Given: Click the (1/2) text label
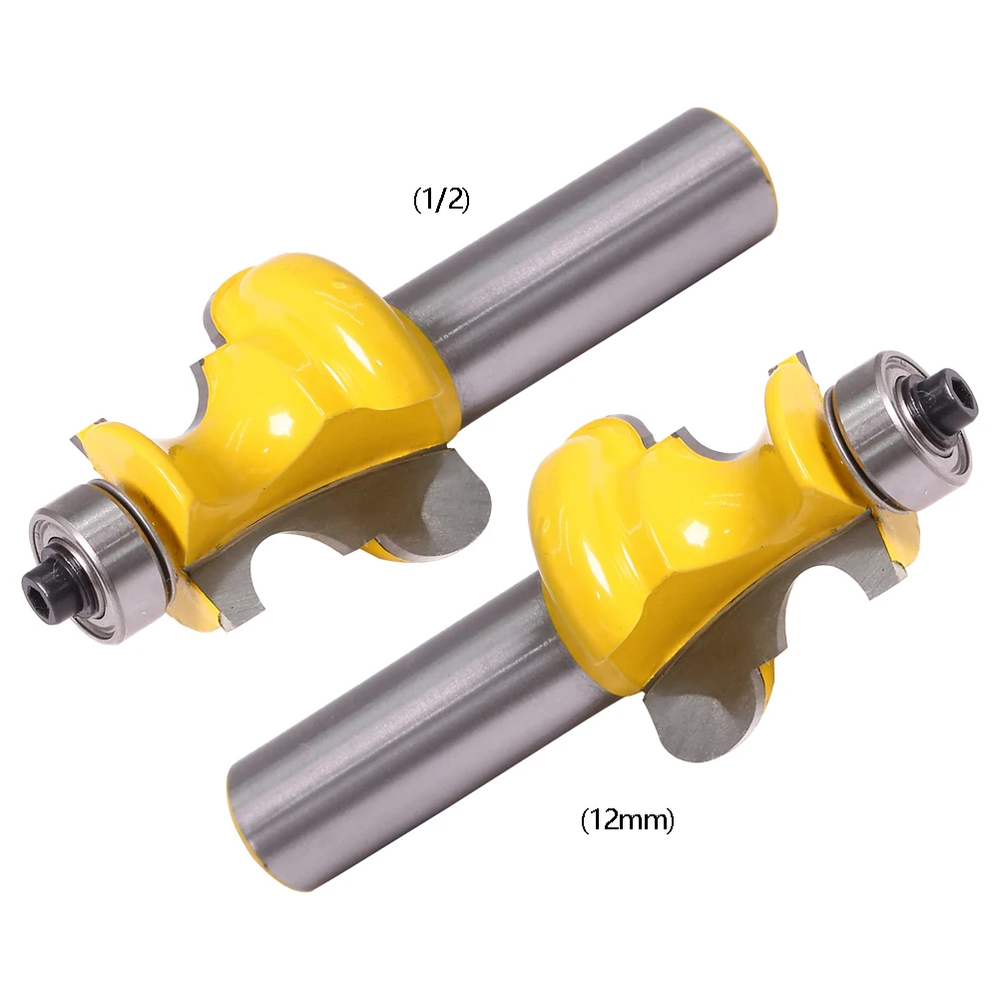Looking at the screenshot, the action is [441, 200].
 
